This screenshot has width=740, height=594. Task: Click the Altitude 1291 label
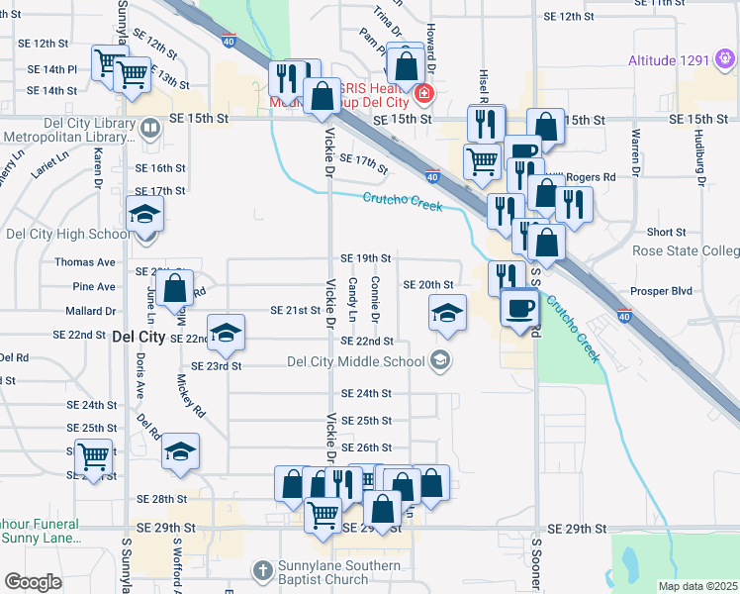coord(669,60)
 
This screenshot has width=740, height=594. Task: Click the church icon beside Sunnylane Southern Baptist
coord(262,570)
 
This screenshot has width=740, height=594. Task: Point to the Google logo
coord(33,582)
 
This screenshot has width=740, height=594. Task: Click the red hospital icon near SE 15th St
coord(424,95)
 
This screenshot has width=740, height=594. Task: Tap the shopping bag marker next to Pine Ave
coord(175,288)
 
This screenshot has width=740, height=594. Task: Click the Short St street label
coord(667,233)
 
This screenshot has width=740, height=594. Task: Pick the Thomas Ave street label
coord(85,262)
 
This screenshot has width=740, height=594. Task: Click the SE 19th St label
coord(365,257)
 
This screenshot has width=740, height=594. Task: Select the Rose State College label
coord(686,251)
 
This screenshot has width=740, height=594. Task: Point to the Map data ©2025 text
coord(697,586)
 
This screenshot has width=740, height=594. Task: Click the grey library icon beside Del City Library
coord(150,127)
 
